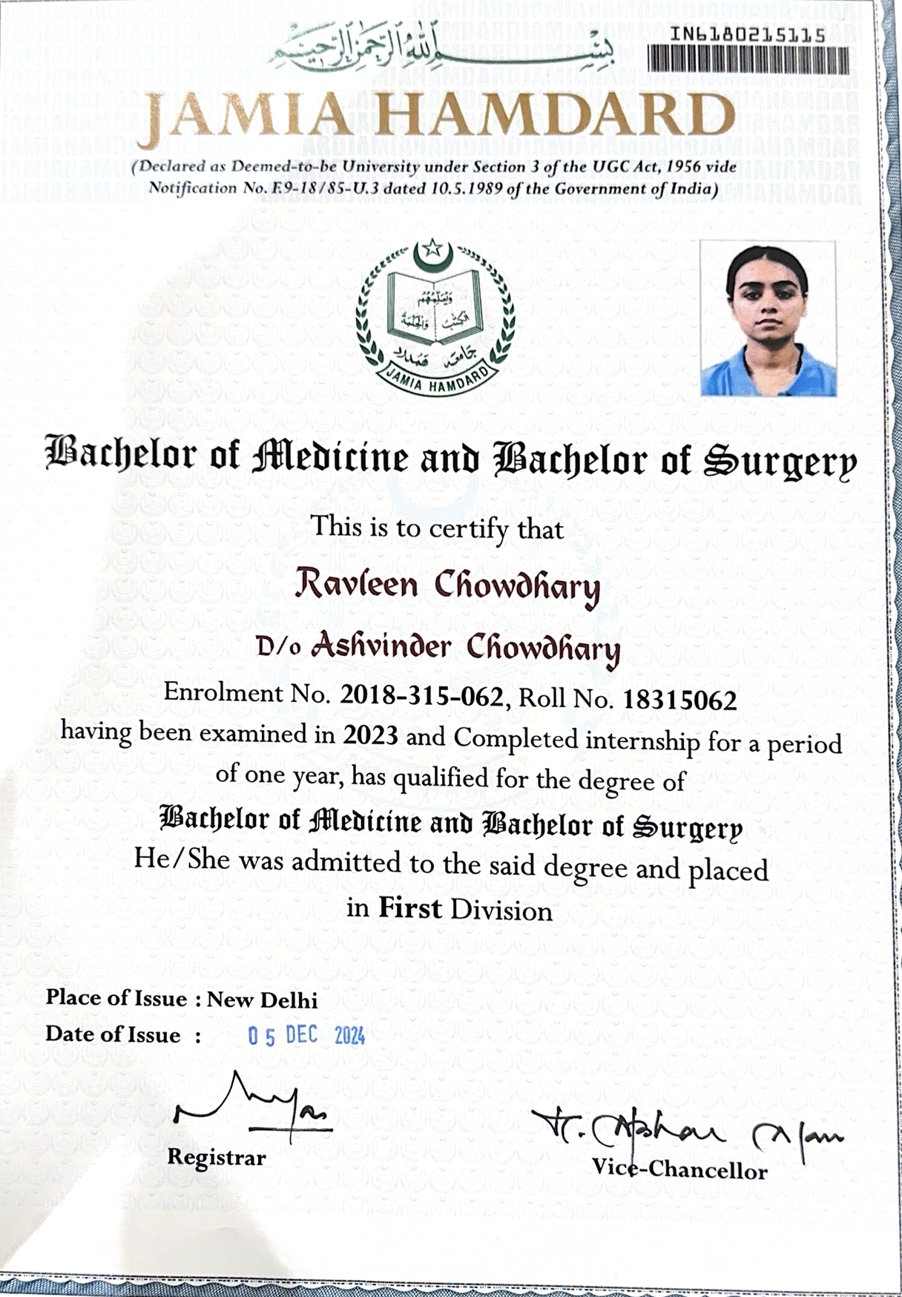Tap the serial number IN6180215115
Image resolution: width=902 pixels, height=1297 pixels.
[x=748, y=35]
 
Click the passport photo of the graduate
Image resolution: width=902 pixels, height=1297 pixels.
[x=768, y=319]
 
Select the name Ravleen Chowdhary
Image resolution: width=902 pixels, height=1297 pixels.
[x=447, y=585]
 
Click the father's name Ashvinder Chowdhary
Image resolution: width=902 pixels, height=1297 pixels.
[x=465, y=647]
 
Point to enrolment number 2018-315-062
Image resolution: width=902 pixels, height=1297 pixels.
[x=421, y=696]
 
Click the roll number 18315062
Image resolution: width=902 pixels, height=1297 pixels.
[x=679, y=700]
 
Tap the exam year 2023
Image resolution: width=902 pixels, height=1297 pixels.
[x=370, y=735]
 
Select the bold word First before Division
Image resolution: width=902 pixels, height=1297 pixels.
[x=409, y=907]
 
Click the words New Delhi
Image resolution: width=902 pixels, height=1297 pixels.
[x=262, y=999]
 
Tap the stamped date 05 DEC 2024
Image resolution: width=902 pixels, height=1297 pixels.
[x=306, y=1036]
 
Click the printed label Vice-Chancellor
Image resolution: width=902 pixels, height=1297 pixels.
[x=679, y=1170]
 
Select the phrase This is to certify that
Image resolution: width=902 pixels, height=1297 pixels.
[x=438, y=528]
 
